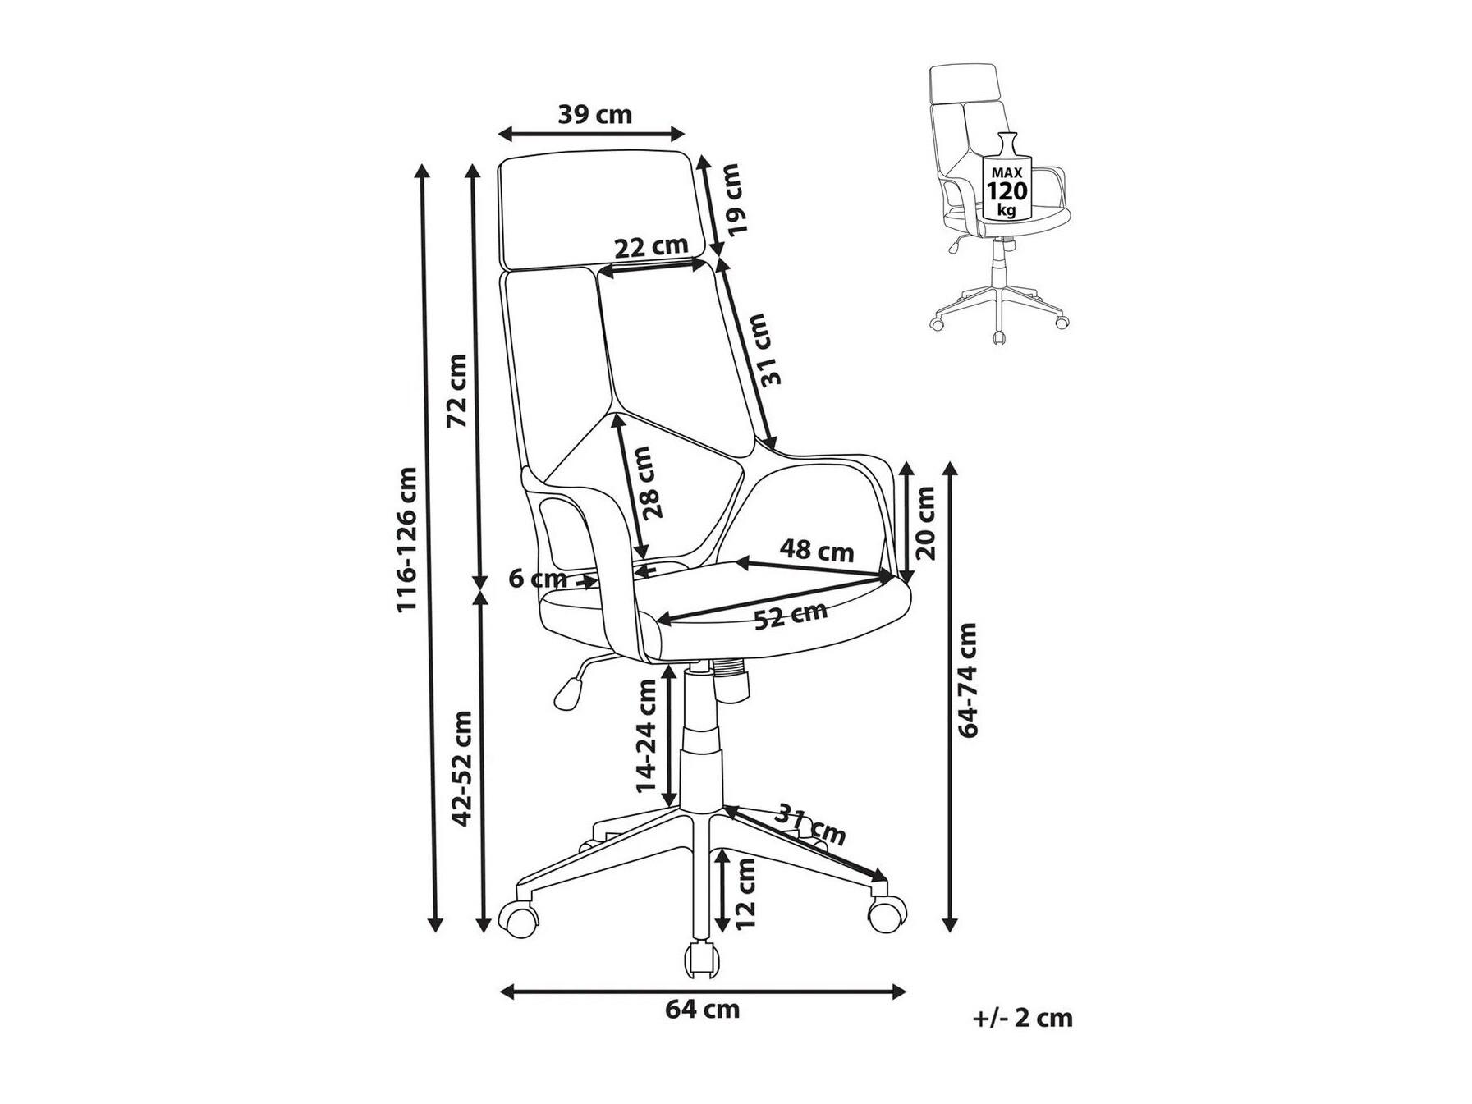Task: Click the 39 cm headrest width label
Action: pos(595,114)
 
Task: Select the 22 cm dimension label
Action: pos(651,245)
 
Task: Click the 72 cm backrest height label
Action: pos(456,391)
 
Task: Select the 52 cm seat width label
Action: pos(791,615)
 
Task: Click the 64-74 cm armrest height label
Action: pos(969,680)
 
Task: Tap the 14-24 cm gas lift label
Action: pos(649,735)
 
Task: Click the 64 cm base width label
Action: pos(702,1009)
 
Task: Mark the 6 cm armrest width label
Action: pos(538,579)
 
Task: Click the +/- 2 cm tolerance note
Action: pos(1023,1019)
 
